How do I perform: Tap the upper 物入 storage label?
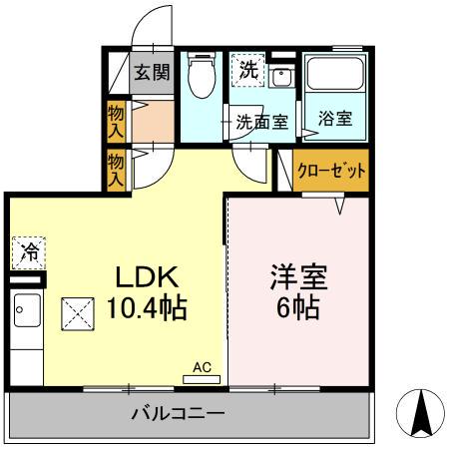tap(117, 120)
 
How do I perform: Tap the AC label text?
tap(203, 367)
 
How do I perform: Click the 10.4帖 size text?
tap(146, 308)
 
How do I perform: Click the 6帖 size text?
tap(297, 308)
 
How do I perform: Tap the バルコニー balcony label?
tap(179, 413)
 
